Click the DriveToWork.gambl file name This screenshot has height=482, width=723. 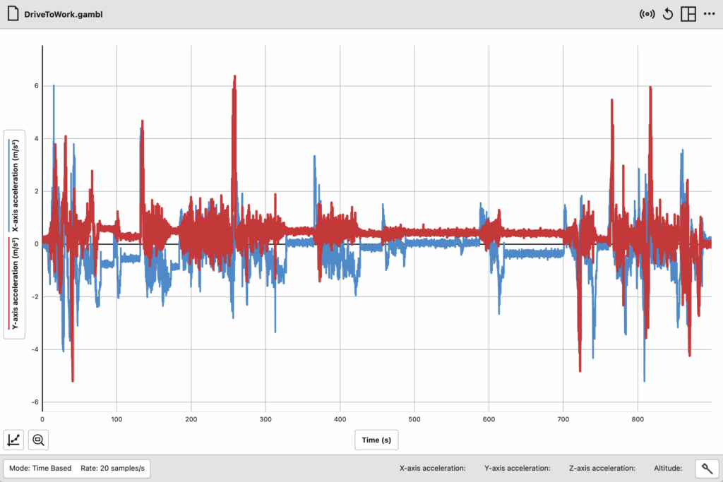(63, 14)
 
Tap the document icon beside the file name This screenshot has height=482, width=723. (13, 14)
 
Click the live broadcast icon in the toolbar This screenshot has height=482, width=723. (647, 14)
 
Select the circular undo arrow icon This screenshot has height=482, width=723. (668, 14)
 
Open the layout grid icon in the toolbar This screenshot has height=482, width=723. (688, 14)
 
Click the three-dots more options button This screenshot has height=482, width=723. (709, 14)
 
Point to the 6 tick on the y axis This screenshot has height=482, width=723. (37, 86)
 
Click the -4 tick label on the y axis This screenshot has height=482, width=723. (35, 349)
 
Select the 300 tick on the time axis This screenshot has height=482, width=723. (265, 419)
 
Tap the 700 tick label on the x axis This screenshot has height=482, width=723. (563, 419)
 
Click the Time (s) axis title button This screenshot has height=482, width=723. (376, 440)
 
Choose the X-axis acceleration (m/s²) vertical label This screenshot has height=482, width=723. (16, 185)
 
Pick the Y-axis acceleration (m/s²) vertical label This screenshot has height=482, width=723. (16, 283)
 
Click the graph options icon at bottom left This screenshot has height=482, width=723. (14, 440)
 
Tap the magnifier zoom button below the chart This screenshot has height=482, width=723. (38, 440)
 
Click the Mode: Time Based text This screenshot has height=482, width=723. (40, 468)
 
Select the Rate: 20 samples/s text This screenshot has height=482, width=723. (112, 468)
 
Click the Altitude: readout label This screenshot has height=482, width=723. (668, 468)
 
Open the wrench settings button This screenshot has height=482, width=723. (707, 469)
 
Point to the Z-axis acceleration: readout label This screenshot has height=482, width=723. (602, 468)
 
